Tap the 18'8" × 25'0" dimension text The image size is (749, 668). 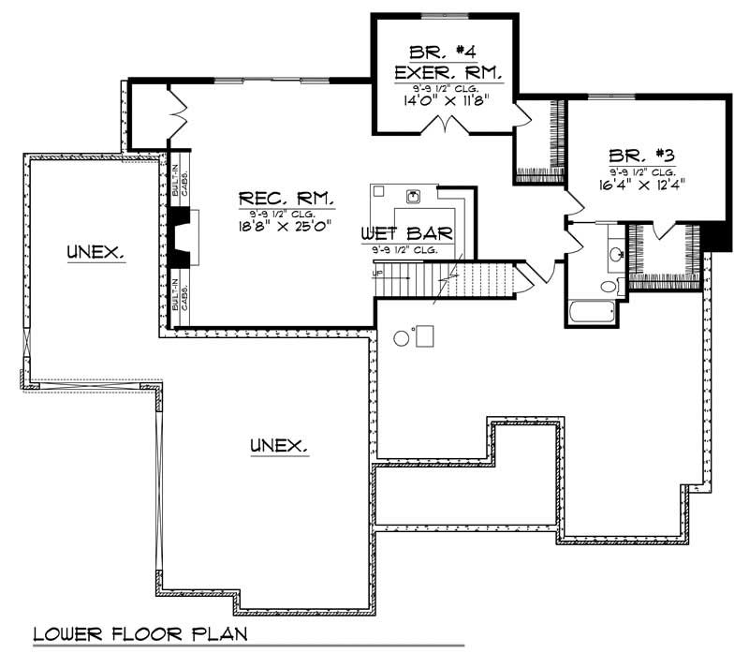tap(286, 226)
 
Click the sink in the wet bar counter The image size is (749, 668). tap(413, 197)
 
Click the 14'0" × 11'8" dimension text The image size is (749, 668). tap(443, 99)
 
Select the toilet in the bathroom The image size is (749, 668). tap(609, 287)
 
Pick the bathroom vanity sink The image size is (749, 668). tap(615, 252)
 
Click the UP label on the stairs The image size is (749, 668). tap(377, 273)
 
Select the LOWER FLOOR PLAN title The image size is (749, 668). tap(140, 634)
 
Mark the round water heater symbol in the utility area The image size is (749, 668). tap(402, 337)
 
